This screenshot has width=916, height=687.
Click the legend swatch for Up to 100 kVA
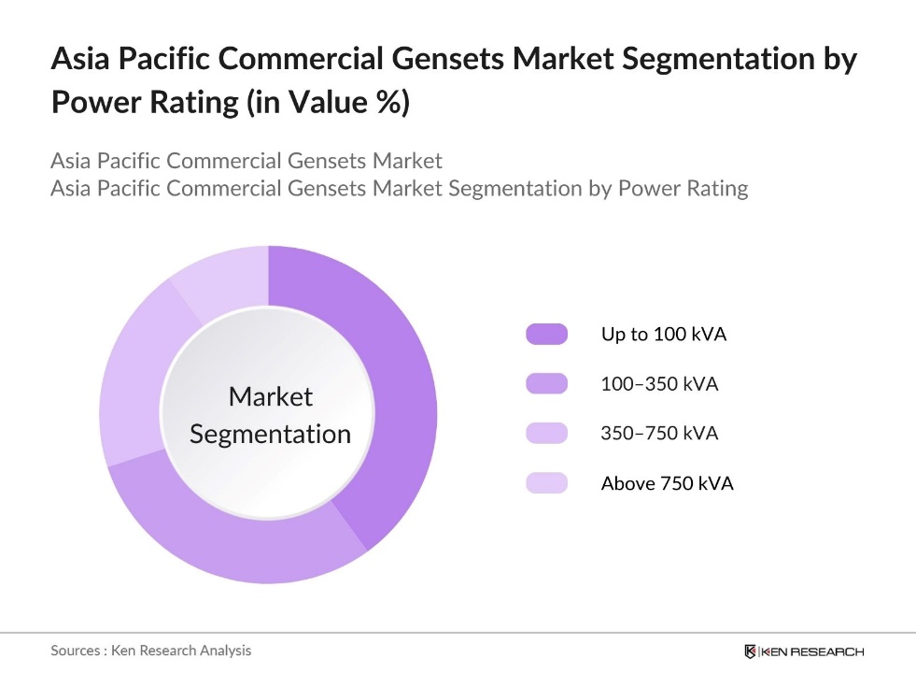coord(546,335)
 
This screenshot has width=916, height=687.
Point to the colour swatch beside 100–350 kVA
coord(546,384)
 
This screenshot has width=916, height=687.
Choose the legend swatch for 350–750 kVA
coord(546,434)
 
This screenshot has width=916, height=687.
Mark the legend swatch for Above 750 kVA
coord(546,483)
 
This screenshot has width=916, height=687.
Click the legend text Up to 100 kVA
coord(663,335)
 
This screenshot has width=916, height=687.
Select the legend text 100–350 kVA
coord(659,384)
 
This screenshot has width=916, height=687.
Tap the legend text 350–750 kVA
coord(659,434)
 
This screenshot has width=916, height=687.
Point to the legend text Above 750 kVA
coord(667,483)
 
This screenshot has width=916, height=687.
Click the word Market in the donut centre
coord(271,397)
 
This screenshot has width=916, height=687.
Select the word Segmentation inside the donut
coord(271,435)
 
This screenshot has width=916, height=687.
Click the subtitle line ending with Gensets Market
coord(247,160)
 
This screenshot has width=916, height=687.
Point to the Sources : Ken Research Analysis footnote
coord(150,651)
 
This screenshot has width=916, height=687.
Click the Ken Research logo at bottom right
coord(804,651)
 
